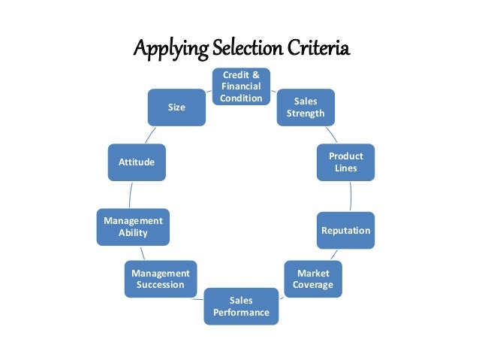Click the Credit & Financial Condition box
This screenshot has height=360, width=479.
pos(241,86)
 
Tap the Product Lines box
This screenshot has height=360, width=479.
pos(345,162)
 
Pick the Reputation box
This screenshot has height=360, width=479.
pos(345,230)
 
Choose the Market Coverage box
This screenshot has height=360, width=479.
pos(313,279)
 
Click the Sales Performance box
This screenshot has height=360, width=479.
pos(241,306)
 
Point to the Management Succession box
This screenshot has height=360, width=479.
pos(161,279)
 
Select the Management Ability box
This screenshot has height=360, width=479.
pos(132,226)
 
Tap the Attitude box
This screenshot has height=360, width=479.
pos(137,162)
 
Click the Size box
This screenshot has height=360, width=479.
pos(176,107)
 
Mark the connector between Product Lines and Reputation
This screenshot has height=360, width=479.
pos(351,196)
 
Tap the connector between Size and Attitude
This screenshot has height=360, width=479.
pos(152,135)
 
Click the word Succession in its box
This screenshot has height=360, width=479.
pos(161,285)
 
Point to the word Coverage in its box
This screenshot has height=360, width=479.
pos(313,285)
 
